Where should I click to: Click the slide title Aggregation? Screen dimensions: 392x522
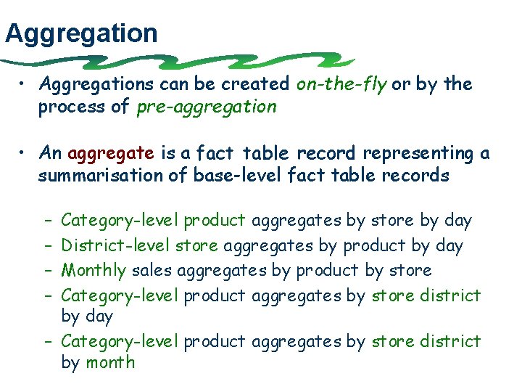(81, 33)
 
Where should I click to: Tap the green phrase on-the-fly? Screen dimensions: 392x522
(341, 84)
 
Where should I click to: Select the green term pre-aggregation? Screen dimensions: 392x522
(206, 107)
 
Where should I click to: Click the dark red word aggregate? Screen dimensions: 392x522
(111, 154)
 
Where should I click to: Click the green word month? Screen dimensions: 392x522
(110, 362)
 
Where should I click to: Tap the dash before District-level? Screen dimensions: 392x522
(46, 246)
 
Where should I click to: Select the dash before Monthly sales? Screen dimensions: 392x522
(46, 271)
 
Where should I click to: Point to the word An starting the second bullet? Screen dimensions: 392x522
(51, 153)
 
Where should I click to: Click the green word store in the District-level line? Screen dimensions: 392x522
(196, 246)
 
